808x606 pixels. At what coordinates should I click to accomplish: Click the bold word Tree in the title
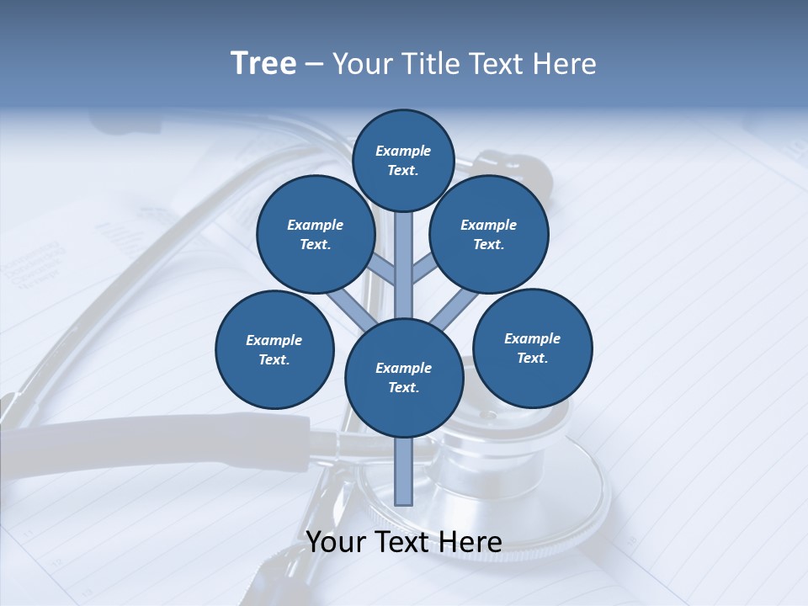point(263,64)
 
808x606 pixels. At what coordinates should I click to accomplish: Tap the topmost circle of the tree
point(403,160)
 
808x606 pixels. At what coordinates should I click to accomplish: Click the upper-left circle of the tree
point(316,234)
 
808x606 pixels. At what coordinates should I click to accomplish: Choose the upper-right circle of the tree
point(489,234)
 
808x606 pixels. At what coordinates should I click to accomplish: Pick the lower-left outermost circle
point(274,349)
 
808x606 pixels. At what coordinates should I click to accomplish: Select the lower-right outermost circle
point(533,348)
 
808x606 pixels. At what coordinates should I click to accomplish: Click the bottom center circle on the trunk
point(404,378)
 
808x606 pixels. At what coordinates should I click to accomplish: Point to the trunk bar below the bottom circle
point(404,471)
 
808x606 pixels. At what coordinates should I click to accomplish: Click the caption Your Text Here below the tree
point(404,542)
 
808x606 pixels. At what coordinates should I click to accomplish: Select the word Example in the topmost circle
point(403,151)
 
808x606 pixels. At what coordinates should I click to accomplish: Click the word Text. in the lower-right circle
point(533,358)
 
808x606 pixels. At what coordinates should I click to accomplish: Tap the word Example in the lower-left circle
point(274,340)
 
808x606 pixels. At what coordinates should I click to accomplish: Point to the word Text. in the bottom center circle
point(404,387)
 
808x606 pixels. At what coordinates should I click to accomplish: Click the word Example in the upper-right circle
point(489,225)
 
